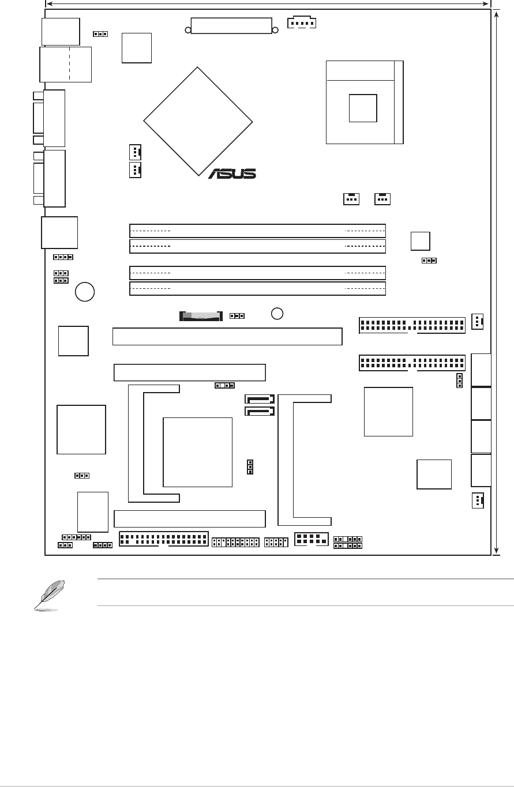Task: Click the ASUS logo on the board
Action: [x=232, y=174]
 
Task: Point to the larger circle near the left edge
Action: [x=85, y=292]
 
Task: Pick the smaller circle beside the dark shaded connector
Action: [x=277, y=313]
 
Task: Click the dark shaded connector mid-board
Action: [x=201, y=317]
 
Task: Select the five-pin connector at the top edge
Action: [x=301, y=23]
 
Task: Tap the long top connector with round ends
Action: [x=231, y=27]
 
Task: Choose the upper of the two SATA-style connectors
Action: [x=260, y=399]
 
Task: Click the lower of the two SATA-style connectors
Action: [x=260, y=412]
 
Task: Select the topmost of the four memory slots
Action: [x=257, y=231]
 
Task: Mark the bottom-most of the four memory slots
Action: [x=257, y=288]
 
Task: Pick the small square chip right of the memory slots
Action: [x=420, y=241]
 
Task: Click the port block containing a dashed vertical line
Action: [x=65, y=64]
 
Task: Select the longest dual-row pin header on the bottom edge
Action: [x=163, y=540]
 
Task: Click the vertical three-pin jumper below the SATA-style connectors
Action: [x=250, y=467]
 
